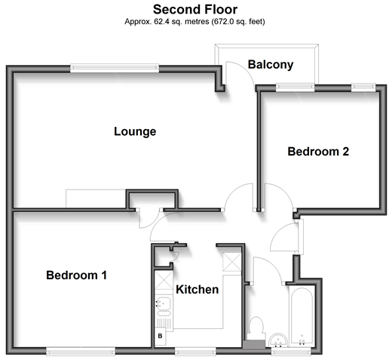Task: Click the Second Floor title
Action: (195, 10)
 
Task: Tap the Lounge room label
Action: (135, 131)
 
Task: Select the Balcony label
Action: (271, 65)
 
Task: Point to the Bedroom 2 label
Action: (318, 152)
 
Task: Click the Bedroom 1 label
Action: (77, 275)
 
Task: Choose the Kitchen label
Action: (198, 290)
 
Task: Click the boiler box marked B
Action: (160, 336)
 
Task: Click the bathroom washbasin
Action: (278, 340)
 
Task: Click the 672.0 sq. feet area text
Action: (239, 22)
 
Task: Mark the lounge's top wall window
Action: (115, 68)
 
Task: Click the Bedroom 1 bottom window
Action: (81, 351)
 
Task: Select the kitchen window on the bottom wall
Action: (195, 351)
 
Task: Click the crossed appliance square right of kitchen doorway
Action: (232, 262)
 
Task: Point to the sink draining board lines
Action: (164, 324)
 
